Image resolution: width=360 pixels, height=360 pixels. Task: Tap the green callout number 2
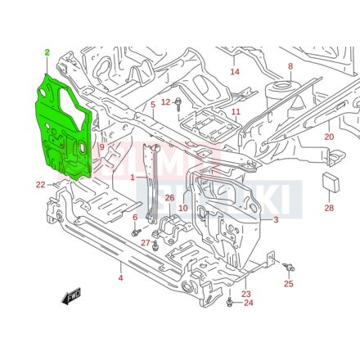click(x=47, y=52)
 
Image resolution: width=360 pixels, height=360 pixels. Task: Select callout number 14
click(x=235, y=72)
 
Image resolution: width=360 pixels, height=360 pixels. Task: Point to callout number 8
click(x=290, y=66)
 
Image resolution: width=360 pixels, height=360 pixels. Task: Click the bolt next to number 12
click(x=177, y=103)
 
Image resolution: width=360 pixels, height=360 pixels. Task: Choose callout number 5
click(x=152, y=105)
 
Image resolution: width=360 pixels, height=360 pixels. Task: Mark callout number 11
click(x=235, y=111)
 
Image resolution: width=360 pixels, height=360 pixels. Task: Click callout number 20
click(x=329, y=137)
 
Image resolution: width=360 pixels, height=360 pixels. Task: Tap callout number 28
click(x=329, y=208)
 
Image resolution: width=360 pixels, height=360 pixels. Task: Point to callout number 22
click(x=40, y=184)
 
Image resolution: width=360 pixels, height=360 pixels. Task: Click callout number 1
click(x=133, y=178)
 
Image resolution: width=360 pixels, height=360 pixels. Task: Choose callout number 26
click(x=169, y=198)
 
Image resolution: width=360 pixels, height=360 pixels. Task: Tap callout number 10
click(x=183, y=208)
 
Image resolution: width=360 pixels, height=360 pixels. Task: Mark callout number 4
click(x=120, y=279)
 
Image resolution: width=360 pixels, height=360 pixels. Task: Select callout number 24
click(x=249, y=303)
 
